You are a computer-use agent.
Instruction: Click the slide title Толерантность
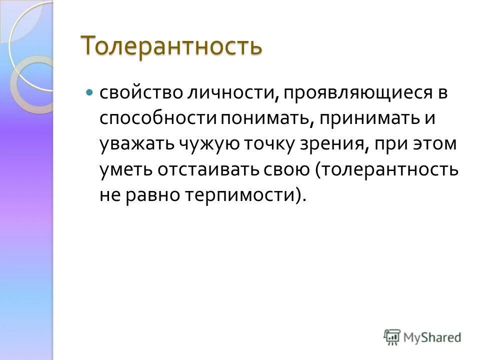tap(171, 46)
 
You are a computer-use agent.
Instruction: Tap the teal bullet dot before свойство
tap(89, 93)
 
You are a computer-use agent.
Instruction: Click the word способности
tap(157, 120)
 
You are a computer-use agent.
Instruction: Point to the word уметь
tap(125, 170)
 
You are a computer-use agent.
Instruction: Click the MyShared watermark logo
tap(422, 337)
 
